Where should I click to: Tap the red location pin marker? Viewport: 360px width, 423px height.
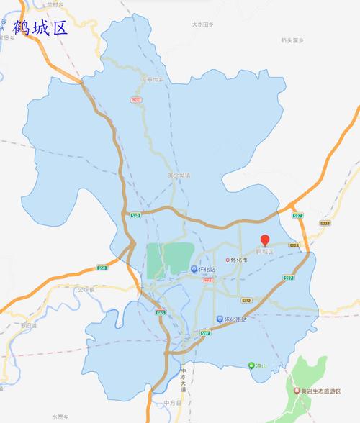point(265,240)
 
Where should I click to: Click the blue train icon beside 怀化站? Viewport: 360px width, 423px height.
point(194,270)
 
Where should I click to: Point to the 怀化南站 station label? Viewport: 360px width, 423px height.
point(237,319)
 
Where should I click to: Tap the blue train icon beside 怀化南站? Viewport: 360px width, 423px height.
point(220,319)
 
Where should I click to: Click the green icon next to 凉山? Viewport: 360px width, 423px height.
point(251,364)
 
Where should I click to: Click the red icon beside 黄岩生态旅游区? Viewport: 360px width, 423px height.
point(297,391)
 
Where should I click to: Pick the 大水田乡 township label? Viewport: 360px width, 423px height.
point(204,24)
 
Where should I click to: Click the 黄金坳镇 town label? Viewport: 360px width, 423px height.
point(178,173)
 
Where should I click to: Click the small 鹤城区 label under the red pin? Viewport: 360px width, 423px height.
point(265,252)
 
